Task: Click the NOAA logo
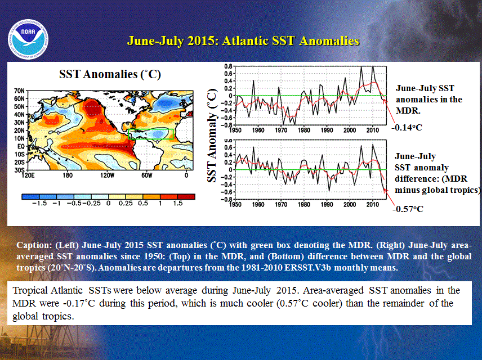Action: click(28, 39)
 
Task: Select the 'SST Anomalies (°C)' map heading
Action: click(110, 74)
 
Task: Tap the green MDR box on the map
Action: click(151, 134)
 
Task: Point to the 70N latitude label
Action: click(19, 91)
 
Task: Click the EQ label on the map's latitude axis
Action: click(21, 146)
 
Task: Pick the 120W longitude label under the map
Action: click(107, 175)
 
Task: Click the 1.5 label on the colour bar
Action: click(178, 204)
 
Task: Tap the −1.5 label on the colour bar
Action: click(39, 204)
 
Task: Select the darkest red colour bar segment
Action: click(186, 196)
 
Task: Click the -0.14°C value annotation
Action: click(407, 128)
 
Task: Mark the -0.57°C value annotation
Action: click(408, 209)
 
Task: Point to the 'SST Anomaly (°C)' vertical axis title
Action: click(212, 135)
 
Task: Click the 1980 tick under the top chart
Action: click(304, 130)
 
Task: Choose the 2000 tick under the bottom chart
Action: click(350, 204)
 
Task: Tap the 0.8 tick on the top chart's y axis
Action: click(228, 66)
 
